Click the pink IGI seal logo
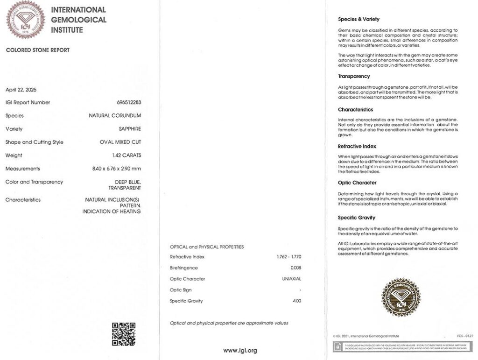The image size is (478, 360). [25, 20]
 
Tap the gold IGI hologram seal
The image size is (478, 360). [401, 297]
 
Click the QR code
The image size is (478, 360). [124, 334]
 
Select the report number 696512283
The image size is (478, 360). [129, 102]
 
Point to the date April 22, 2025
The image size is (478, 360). [21, 89]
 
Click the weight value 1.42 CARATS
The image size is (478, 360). [127, 155]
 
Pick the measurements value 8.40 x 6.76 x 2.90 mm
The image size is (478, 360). [117, 169]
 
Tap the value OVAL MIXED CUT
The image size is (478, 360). [120, 142]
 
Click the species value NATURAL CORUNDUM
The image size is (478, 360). [115, 116]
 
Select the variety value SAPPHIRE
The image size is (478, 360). [130, 129]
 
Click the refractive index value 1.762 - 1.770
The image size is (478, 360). [288, 257]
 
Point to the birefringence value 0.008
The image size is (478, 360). [295, 268]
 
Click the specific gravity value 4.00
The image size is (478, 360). [296, 301]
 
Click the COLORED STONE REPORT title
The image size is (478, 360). [37, 50]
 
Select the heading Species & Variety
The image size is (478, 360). [358, 19]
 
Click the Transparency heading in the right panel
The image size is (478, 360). [354, 76]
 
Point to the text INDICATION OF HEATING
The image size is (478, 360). [112, 212]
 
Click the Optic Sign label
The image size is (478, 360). [181, 290]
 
